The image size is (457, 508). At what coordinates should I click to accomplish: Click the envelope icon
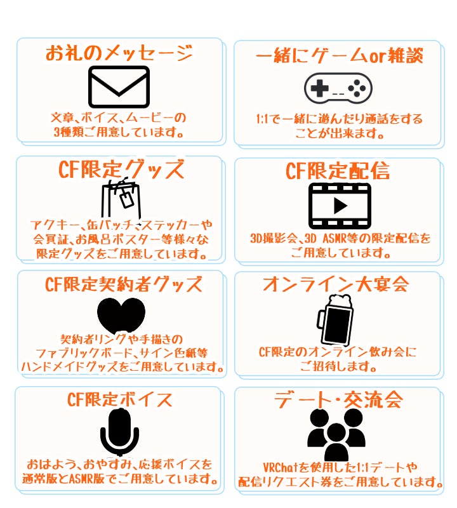click(119, 87)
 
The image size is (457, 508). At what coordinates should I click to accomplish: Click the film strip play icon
click(339, 206)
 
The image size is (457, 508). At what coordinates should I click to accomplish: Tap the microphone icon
click(119, 431)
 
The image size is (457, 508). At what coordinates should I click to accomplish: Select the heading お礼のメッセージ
click(119, 53)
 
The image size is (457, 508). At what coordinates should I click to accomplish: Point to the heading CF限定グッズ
click(121, 170)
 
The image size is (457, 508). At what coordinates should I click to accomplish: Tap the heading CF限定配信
click(338, 171)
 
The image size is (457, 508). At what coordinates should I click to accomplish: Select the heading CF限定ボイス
click(120, 400)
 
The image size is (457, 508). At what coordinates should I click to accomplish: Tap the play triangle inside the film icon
click(340, 206)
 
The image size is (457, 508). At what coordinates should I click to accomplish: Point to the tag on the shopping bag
click(127, 200)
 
